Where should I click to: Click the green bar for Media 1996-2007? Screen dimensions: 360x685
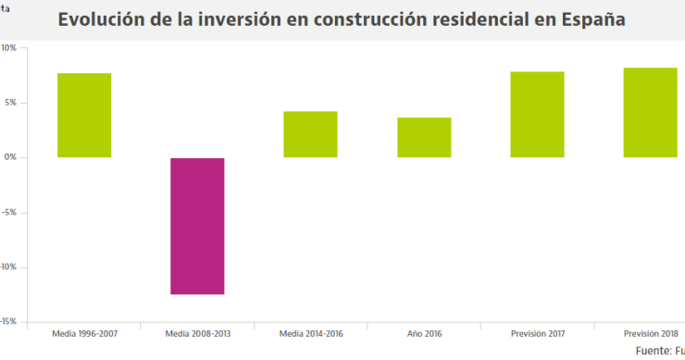click(84, 115)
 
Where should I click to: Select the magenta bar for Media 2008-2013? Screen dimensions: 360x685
click(197, 226)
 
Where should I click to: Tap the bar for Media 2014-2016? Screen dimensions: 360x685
click(310, 134)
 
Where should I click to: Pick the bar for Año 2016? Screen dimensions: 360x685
click(424, 137)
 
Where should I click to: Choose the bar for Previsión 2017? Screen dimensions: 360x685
click(537, 114)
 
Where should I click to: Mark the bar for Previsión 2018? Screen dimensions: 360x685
click(650, 112)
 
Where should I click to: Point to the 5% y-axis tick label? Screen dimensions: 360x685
click(9, 103)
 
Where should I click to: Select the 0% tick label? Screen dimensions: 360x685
click(9, 157)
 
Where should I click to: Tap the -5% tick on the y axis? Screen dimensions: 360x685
click(8, 212)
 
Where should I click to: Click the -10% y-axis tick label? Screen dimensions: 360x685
click(7, 267)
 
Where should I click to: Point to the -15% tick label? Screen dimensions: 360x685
click(7, 321)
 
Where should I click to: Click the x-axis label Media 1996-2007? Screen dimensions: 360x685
click(84, 334)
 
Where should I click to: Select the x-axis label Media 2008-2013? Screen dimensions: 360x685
click(197, 334)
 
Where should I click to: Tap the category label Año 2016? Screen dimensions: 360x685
click(424, 334)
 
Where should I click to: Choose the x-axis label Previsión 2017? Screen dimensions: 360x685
click(537, 334)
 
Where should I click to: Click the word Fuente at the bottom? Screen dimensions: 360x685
click(654, 352)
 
